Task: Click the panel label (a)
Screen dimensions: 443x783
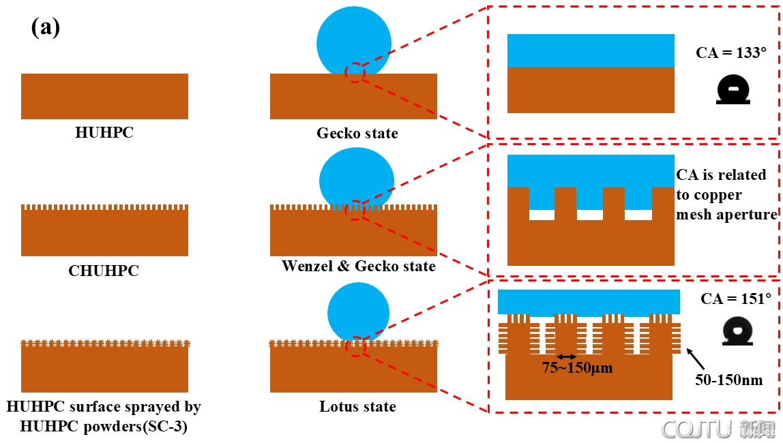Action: (x=46, y=28)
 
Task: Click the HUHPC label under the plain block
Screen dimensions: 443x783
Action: (x=104, y=132)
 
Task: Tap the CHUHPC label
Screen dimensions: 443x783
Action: (x=103, y=271)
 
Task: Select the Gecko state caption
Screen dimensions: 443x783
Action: (x=357, y=133)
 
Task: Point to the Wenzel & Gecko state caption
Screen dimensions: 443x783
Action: (x=358, y=266)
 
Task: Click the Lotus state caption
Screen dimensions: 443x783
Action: (x=357, y=407)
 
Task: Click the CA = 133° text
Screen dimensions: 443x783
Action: (x=730, y=52)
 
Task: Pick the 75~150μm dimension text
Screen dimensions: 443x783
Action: (x=578, y=369)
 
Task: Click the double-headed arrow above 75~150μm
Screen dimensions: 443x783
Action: (x=566, y=356)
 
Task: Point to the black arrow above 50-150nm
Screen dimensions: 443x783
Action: (x=696, y=358)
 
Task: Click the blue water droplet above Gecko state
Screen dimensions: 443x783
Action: (x=354, y=42)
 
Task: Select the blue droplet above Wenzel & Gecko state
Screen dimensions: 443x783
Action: (x=356, y=179)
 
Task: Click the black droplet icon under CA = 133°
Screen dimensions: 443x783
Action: (x=733, y=89)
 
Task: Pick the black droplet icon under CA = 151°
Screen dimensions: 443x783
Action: (x=737, y=331)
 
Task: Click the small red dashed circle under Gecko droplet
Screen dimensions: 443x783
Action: (x=355, y=72)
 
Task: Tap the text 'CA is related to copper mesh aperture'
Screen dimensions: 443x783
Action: (x=726, y=195)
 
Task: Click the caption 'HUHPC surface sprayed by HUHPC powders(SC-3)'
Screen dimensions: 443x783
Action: (x=104, y=416)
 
